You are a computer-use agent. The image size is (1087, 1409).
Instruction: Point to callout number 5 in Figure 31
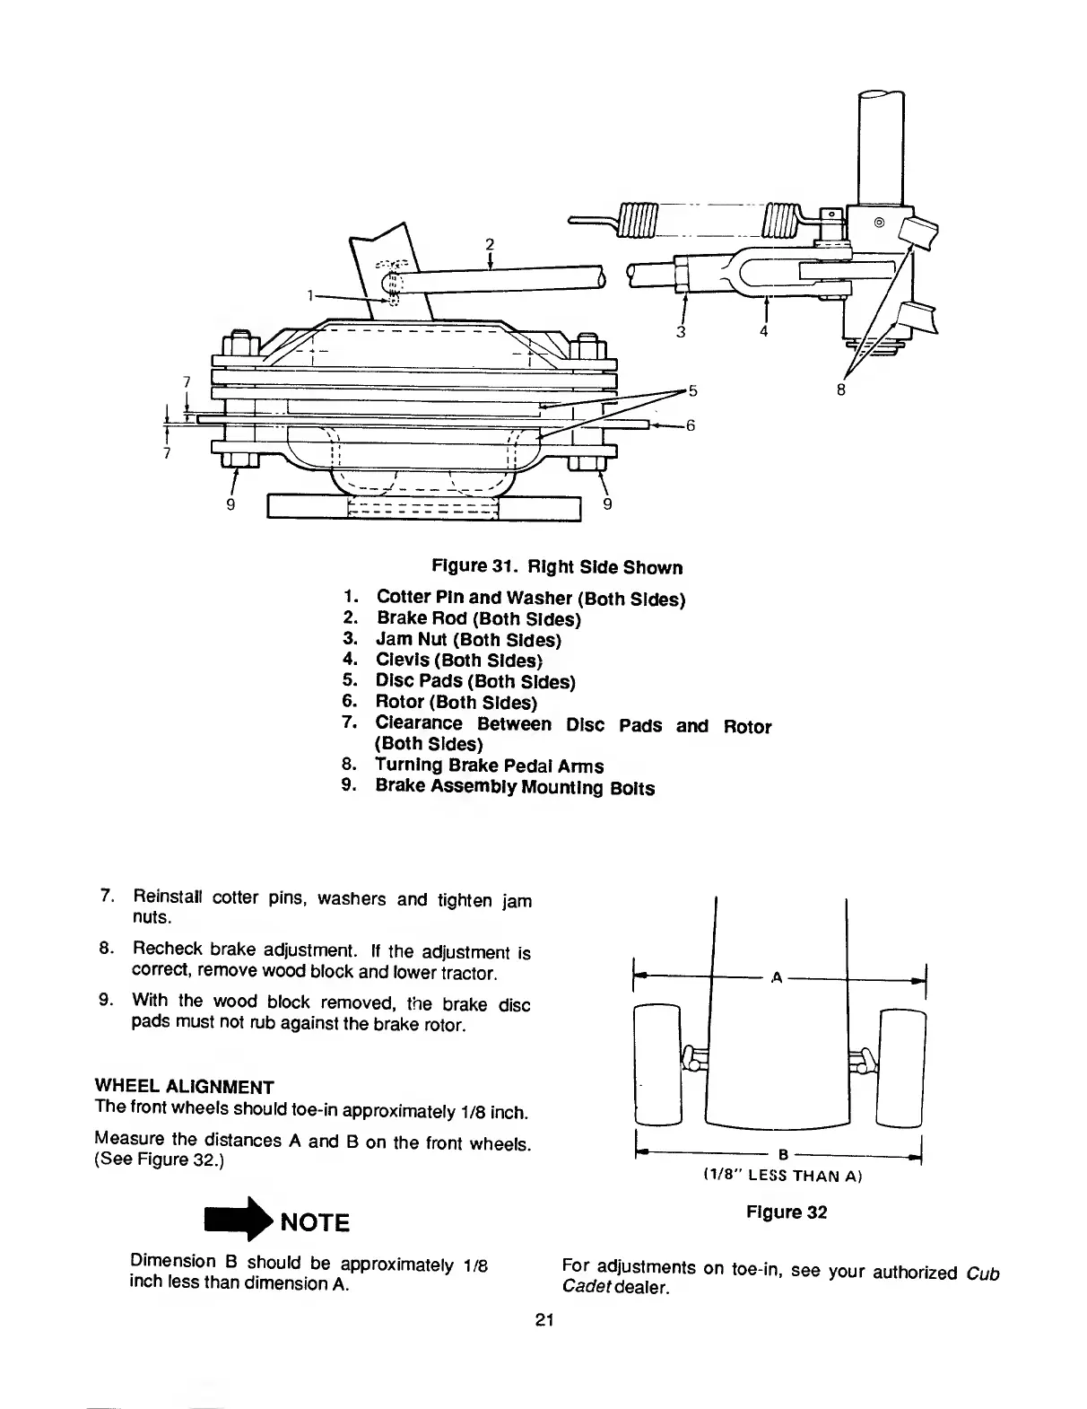pyautogui.click(x=691, y=390)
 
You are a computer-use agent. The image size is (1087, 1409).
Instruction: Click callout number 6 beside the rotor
pyautogui.click(x=691, y=426)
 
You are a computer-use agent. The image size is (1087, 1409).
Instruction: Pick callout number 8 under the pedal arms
pyautogui.click(x=840, y=389)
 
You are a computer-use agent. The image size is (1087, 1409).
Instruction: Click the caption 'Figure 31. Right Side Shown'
pyautogui.click(x=557, y=567)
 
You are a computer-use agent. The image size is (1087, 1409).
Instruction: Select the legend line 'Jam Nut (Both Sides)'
pyautogui.click(x=468, y=640)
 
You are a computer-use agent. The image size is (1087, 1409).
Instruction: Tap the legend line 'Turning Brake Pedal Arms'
pyautogui.click(x=489, y=766)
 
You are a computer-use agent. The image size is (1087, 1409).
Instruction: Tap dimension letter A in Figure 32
pyautogui.click(x=777, y=976)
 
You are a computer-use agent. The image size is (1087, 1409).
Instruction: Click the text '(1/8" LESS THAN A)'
pyautogui.click(x=778, y=1176)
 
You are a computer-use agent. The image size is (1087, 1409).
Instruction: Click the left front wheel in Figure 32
pyautogui.click(x=658, y=1064)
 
